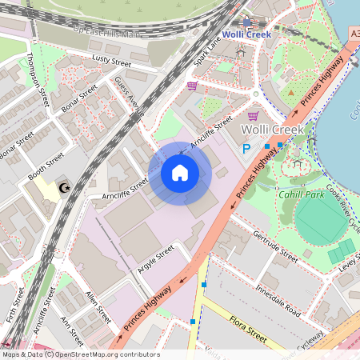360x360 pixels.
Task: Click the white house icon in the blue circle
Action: (180, 173)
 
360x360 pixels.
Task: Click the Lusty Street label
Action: (110, 62)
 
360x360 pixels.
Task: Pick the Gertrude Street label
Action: (274, 247)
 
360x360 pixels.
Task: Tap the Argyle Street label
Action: (155, 260)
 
